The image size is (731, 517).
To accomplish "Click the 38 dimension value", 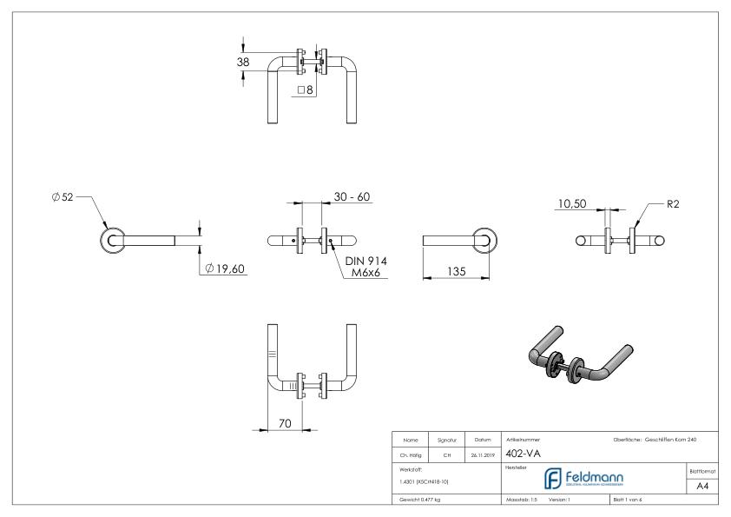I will click(243, 62).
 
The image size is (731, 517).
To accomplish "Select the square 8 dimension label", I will click(306, 89).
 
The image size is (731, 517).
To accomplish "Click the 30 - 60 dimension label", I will click(352, 197).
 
